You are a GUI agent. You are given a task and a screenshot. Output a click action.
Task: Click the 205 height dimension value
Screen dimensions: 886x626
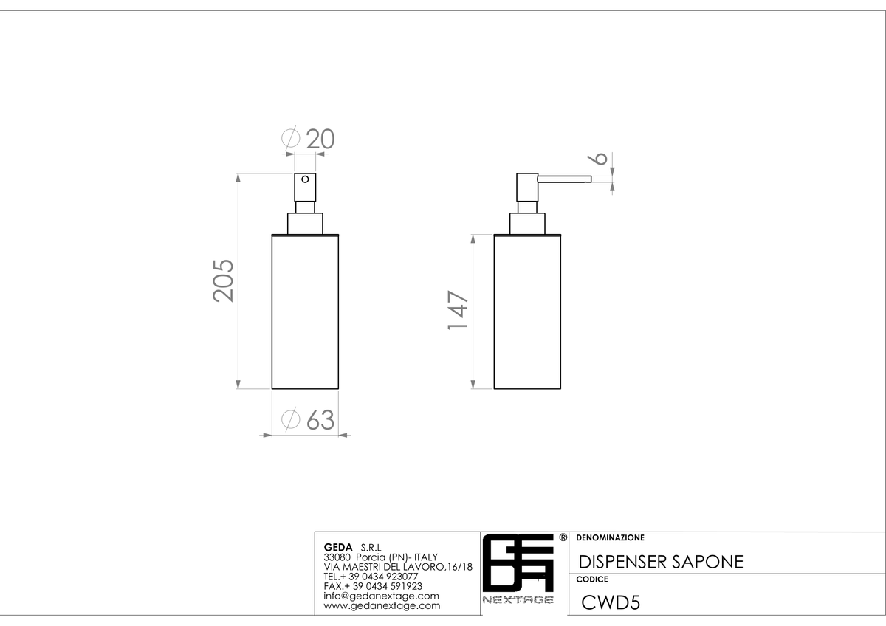pyautogui.click(x=224, y=281)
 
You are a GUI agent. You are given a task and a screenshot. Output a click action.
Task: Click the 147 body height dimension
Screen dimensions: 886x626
pyautogui.click(x=458, y=310)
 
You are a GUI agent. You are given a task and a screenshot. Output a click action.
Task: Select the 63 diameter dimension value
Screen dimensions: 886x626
pyautogui.click(x=320, y=419)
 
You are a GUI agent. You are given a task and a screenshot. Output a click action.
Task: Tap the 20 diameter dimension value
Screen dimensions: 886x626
pyautogui.click(x=320, y=139)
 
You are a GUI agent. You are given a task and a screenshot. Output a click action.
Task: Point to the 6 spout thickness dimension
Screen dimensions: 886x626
pyautogui.click(x=597, y=158)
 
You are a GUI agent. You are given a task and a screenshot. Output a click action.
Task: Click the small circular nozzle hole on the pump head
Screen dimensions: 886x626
pyautogui.click(x=305, y=179)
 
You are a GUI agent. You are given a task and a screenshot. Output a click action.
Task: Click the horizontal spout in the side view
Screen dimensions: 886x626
pyautogui.click(x=564, y=179)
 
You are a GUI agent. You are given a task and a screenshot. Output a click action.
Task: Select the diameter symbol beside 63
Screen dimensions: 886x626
pyautogui.click(x=291, y=419)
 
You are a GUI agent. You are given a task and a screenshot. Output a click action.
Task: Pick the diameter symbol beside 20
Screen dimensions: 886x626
pyautogui.click(x=291, y=138)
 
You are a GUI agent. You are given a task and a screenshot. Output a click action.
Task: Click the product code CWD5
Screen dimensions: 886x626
pyautogui.click(x=611, y=602)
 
